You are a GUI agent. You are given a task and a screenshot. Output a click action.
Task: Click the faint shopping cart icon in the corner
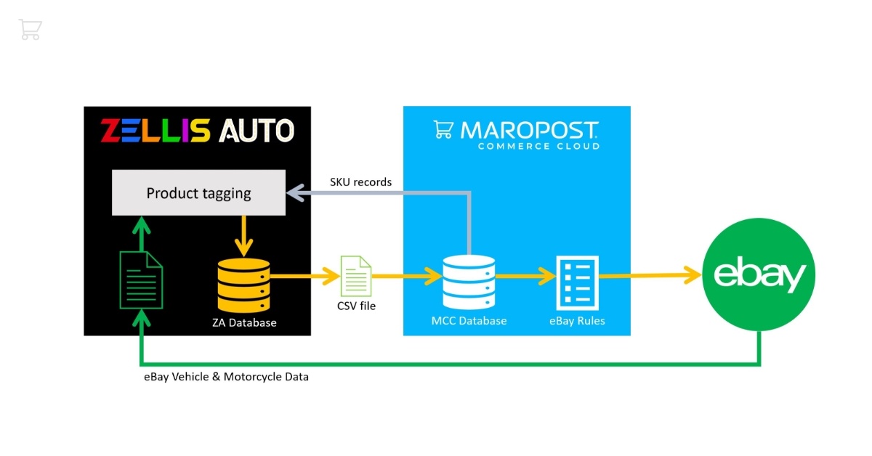31,30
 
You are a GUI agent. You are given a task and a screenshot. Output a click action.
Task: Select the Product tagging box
198,193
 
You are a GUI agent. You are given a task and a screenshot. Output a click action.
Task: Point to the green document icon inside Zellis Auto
141,280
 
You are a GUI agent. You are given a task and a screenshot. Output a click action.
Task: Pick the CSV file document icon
356,276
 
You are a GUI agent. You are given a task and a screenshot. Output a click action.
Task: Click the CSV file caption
356,306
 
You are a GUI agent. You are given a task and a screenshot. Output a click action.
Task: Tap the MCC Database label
469,320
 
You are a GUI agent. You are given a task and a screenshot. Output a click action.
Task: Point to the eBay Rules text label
577,320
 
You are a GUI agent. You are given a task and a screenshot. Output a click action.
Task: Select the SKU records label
361,182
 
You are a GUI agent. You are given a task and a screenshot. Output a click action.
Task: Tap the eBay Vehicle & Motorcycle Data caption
226,377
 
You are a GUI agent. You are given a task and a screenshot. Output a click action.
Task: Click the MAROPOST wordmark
529,130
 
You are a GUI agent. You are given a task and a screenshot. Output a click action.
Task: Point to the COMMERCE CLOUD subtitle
538,146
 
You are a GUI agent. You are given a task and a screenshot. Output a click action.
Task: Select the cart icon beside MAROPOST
443,129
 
